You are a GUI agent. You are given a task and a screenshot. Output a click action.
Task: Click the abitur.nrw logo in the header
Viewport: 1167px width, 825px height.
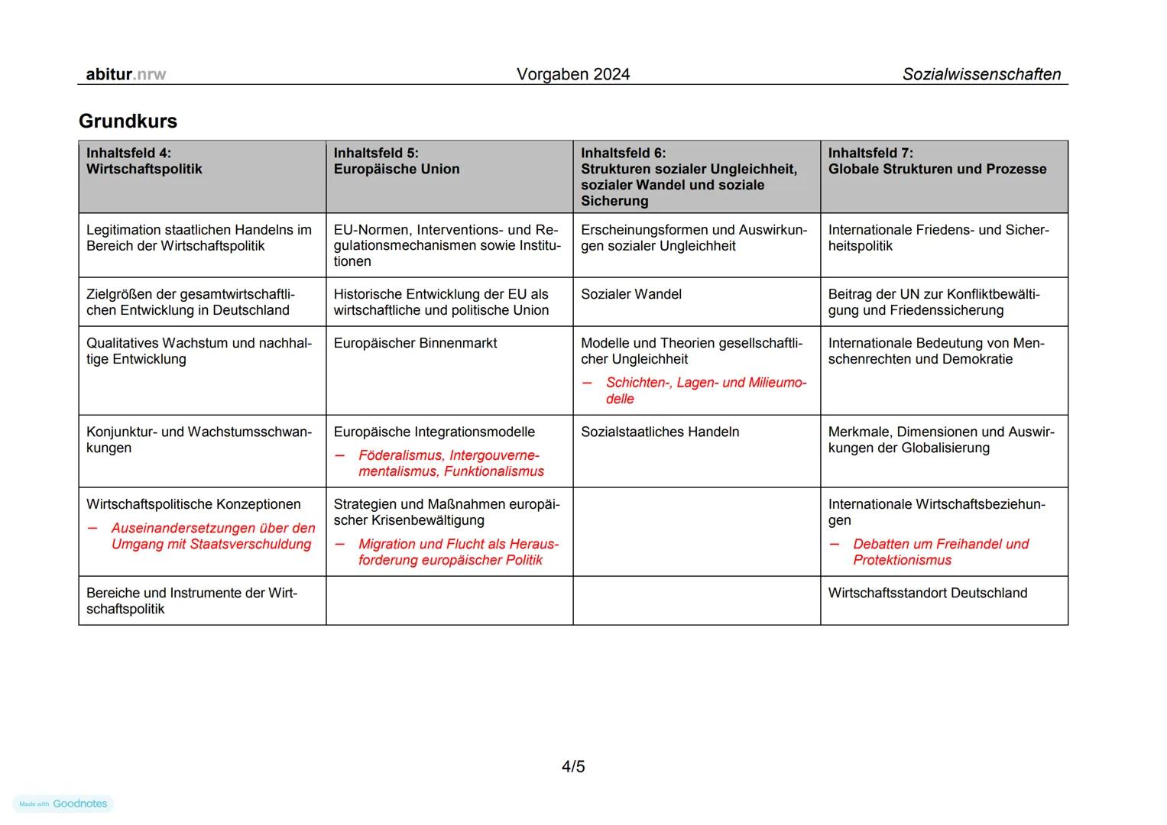[x=125, y=74]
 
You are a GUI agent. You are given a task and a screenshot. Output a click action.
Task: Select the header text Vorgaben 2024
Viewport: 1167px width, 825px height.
[x=572, y=74]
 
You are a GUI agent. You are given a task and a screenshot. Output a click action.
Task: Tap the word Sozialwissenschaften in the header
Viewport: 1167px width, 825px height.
[x=981, y=74]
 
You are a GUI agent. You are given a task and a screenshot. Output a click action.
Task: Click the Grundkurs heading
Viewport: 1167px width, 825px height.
[x=128, y=121]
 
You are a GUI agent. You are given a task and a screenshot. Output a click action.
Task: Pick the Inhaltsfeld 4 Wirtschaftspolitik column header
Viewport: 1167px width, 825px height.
[x=202, y=176]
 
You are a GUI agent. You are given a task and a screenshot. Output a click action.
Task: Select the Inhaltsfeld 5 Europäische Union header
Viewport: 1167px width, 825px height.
[x=449, y=176]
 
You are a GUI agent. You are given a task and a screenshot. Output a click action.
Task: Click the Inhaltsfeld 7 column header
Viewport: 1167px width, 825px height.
[x=943, y=176]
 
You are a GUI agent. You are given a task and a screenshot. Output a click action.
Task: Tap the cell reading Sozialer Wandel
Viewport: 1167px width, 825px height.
[x=631, y=294]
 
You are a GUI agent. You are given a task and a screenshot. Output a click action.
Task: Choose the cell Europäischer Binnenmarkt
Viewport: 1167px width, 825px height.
[x=415, y=343]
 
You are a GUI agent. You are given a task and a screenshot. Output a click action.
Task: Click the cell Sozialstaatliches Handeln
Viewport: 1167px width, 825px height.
[x=660, y=432]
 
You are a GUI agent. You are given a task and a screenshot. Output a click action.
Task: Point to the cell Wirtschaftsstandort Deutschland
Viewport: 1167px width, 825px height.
[x=927, y=593]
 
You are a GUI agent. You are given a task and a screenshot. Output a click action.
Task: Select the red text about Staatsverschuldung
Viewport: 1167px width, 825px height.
[x=212, y=536]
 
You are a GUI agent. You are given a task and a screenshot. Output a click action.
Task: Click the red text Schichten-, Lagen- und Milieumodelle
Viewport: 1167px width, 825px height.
[x=705, y=390]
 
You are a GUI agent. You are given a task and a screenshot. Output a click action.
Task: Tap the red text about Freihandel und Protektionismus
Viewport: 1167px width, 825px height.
[x=940, y=552]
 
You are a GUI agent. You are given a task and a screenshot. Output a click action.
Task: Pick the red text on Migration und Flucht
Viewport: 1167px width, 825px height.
[x=458, y=552]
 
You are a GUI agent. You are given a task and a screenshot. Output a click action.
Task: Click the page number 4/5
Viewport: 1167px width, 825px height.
[x=572, y=766]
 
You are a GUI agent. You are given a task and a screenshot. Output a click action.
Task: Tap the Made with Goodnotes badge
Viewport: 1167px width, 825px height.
[x=63, y=804]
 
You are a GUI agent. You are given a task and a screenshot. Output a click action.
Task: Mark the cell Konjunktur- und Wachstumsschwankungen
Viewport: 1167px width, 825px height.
[x=199, y=440]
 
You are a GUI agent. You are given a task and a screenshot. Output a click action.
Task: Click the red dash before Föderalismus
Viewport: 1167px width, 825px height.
[x=340, y=456]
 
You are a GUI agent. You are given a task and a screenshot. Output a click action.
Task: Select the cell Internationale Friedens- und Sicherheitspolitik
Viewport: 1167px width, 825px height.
[x=938, y=238]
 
